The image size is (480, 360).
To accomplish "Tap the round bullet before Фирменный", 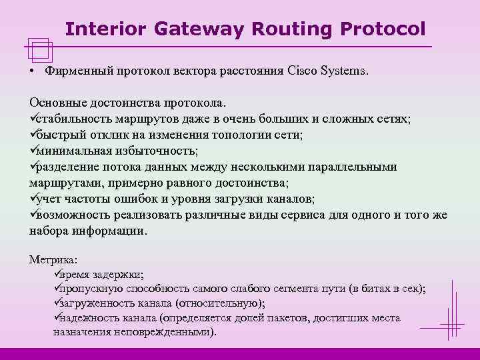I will coord(32,71).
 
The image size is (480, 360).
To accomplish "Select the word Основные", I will coord(57,104).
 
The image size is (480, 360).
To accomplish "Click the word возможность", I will coord(73,215).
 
